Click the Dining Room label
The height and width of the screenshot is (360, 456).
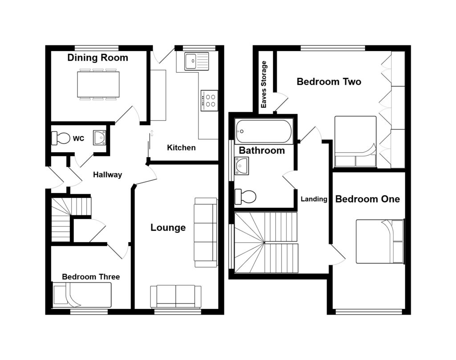98,58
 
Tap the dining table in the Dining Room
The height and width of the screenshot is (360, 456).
98,84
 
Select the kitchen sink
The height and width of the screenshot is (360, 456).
196,61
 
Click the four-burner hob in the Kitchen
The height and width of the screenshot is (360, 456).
209,101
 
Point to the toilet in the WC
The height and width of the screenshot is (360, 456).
61,138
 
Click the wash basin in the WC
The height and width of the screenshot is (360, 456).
99,138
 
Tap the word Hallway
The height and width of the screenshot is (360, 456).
107,174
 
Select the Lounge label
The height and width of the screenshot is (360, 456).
168,227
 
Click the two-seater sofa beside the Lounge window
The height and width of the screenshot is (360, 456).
175,296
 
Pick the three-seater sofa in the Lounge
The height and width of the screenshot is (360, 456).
206,232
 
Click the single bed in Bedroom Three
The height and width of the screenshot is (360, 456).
82,295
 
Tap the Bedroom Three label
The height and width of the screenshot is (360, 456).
91,277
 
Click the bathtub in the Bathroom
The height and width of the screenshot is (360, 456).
264,131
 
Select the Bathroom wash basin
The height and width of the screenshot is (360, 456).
242,166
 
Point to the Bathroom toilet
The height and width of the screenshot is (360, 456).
245,197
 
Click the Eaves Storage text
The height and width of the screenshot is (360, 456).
264,84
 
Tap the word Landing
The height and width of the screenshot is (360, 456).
314,199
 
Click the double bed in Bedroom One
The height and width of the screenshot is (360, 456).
380,242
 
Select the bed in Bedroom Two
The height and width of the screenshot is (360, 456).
355,142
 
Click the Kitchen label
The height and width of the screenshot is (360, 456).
181,148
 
